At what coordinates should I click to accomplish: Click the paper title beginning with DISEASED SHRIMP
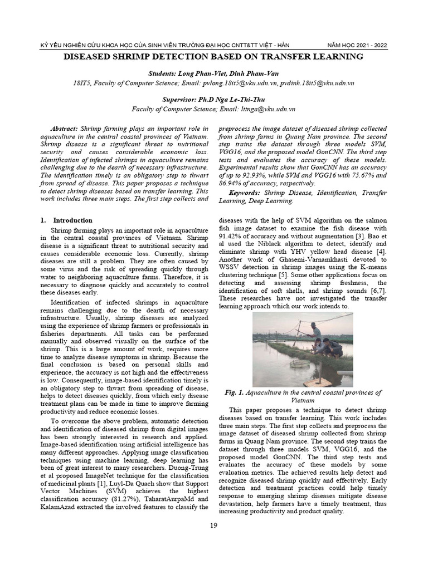click(214, 57)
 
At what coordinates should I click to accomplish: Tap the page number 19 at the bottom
click(213, 526)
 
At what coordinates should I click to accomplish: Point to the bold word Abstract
click(64, 127)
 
